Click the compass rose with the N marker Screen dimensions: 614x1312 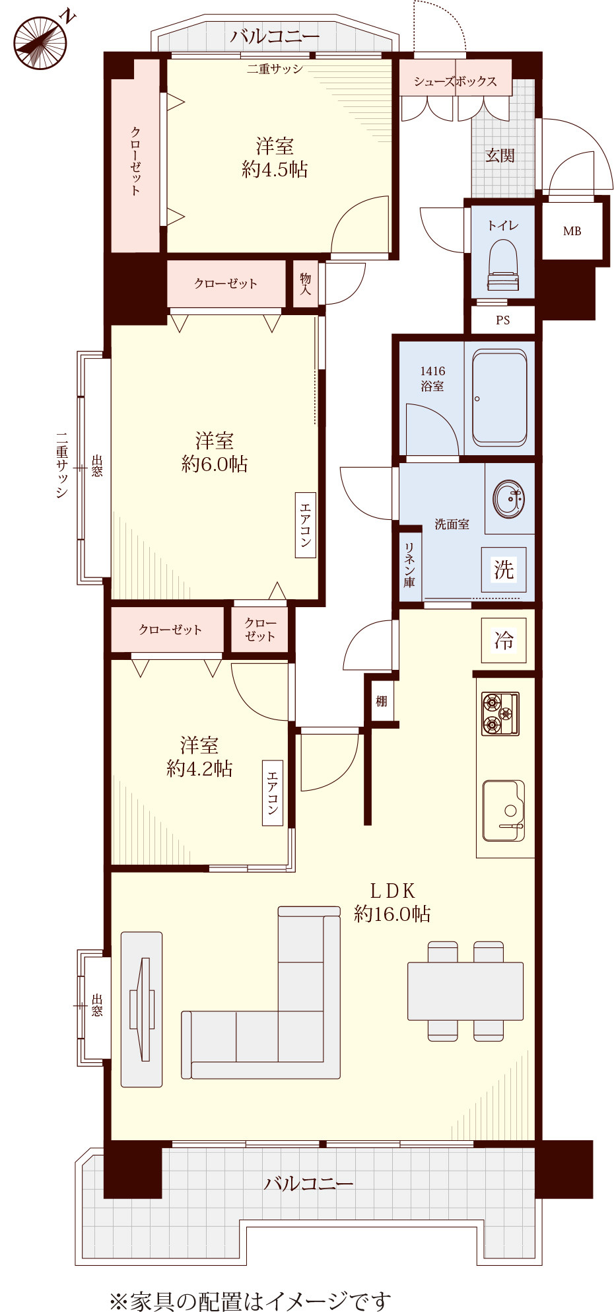tap(41, 42)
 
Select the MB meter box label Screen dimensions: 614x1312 tap(572, 231)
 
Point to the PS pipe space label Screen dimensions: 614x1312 tap(503, 320)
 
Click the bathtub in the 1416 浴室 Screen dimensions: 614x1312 tap(500, 398)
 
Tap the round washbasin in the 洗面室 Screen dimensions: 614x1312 tap(510, 498)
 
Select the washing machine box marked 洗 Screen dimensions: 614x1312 tap(504, 569)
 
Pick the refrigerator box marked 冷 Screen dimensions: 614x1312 tap(504, 640)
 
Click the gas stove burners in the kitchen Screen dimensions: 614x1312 tap(500, 713)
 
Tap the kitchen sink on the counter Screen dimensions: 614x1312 tap(504, 811)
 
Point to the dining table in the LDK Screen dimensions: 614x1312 tap(465, 991)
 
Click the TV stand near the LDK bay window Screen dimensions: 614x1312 tap(142, 1009)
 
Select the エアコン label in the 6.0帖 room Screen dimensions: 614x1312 tap(306, 525)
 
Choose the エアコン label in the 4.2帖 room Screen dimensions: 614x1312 tap(273, 793)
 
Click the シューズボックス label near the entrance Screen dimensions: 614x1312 tap(456, 81)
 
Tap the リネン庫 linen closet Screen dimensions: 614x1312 tap(410, 565)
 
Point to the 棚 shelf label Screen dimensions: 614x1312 tap(382, 701)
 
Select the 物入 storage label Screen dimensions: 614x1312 tap(306, 283)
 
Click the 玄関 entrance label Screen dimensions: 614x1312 tap(500, 155)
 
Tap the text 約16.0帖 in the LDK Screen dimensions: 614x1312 tap(392, 914)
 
